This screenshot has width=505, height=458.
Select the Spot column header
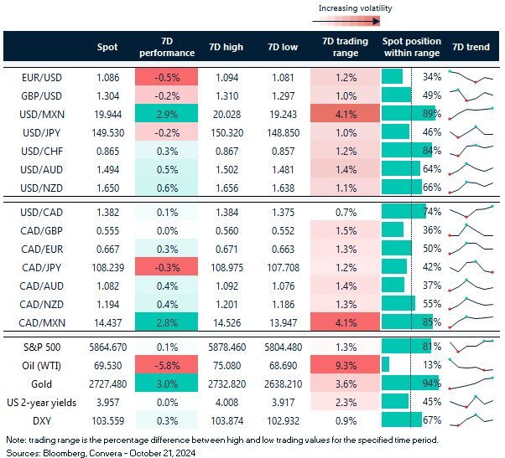[107, 47]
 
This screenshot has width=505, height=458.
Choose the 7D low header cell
[281, 47]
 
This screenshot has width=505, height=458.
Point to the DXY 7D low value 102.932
[281, 420]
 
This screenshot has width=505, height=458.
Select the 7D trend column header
[472, 47]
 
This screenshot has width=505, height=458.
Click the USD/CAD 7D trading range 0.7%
[340, 213]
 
